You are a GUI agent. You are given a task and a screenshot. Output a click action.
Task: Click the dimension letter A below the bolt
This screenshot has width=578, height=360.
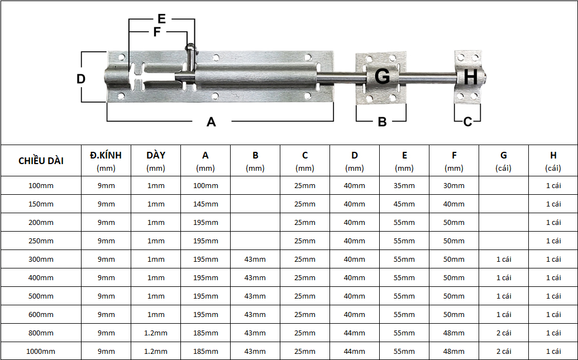tap(211, 122)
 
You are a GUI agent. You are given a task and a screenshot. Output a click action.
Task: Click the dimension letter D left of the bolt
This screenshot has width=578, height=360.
tap(81, 79)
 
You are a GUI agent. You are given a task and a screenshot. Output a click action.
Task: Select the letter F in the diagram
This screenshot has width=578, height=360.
tap(157, 32)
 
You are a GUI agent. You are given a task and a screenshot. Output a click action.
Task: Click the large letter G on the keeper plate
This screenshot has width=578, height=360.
tap(382, 76)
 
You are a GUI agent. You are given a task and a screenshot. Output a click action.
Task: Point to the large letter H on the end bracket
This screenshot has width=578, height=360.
tap(470, 77)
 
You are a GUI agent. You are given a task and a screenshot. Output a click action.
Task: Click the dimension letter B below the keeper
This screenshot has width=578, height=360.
tap(382, 122)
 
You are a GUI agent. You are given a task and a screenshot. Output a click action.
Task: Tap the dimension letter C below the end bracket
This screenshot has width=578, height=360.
tap(468, 121)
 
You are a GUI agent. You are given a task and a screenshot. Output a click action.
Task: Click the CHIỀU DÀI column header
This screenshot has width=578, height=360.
tap(41, 161)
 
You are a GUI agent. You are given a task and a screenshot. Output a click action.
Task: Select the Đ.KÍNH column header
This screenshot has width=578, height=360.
tap(106, 155)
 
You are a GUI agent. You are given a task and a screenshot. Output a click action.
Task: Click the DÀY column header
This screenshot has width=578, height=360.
tap(156, 155)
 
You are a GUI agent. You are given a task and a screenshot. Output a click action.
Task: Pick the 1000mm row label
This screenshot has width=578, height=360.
tap(41, 351)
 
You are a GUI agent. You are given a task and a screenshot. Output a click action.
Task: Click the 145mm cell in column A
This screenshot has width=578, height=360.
tap(206, 204)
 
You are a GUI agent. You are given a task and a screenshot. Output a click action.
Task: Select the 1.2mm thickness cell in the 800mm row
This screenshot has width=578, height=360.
tap(156, 333)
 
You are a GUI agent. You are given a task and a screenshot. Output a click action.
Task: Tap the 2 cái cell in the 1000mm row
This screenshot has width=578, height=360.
tap(503, 351)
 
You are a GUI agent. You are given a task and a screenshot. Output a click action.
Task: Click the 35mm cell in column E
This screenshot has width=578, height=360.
tap(404, 185)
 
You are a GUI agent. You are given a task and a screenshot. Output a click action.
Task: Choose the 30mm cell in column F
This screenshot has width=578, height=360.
tap(454, 185)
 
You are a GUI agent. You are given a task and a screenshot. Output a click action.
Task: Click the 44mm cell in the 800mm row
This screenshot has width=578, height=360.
tap(355, 333)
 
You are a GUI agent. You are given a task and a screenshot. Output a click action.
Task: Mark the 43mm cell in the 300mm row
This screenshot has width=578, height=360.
tap(255, 259)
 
